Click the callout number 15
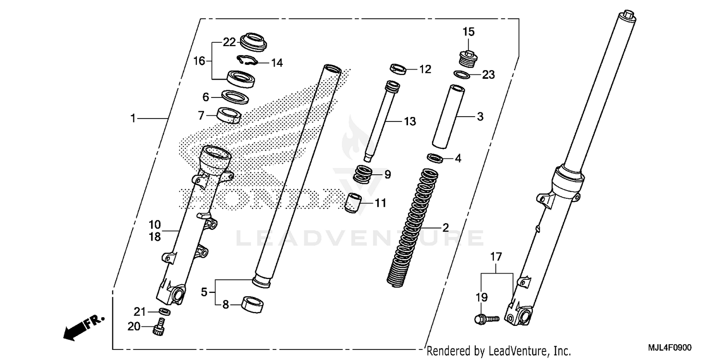468,32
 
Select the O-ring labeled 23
461,74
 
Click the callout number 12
425,70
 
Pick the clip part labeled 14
247,60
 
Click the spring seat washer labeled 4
435,158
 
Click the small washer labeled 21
164,312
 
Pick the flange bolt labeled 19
486,318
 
